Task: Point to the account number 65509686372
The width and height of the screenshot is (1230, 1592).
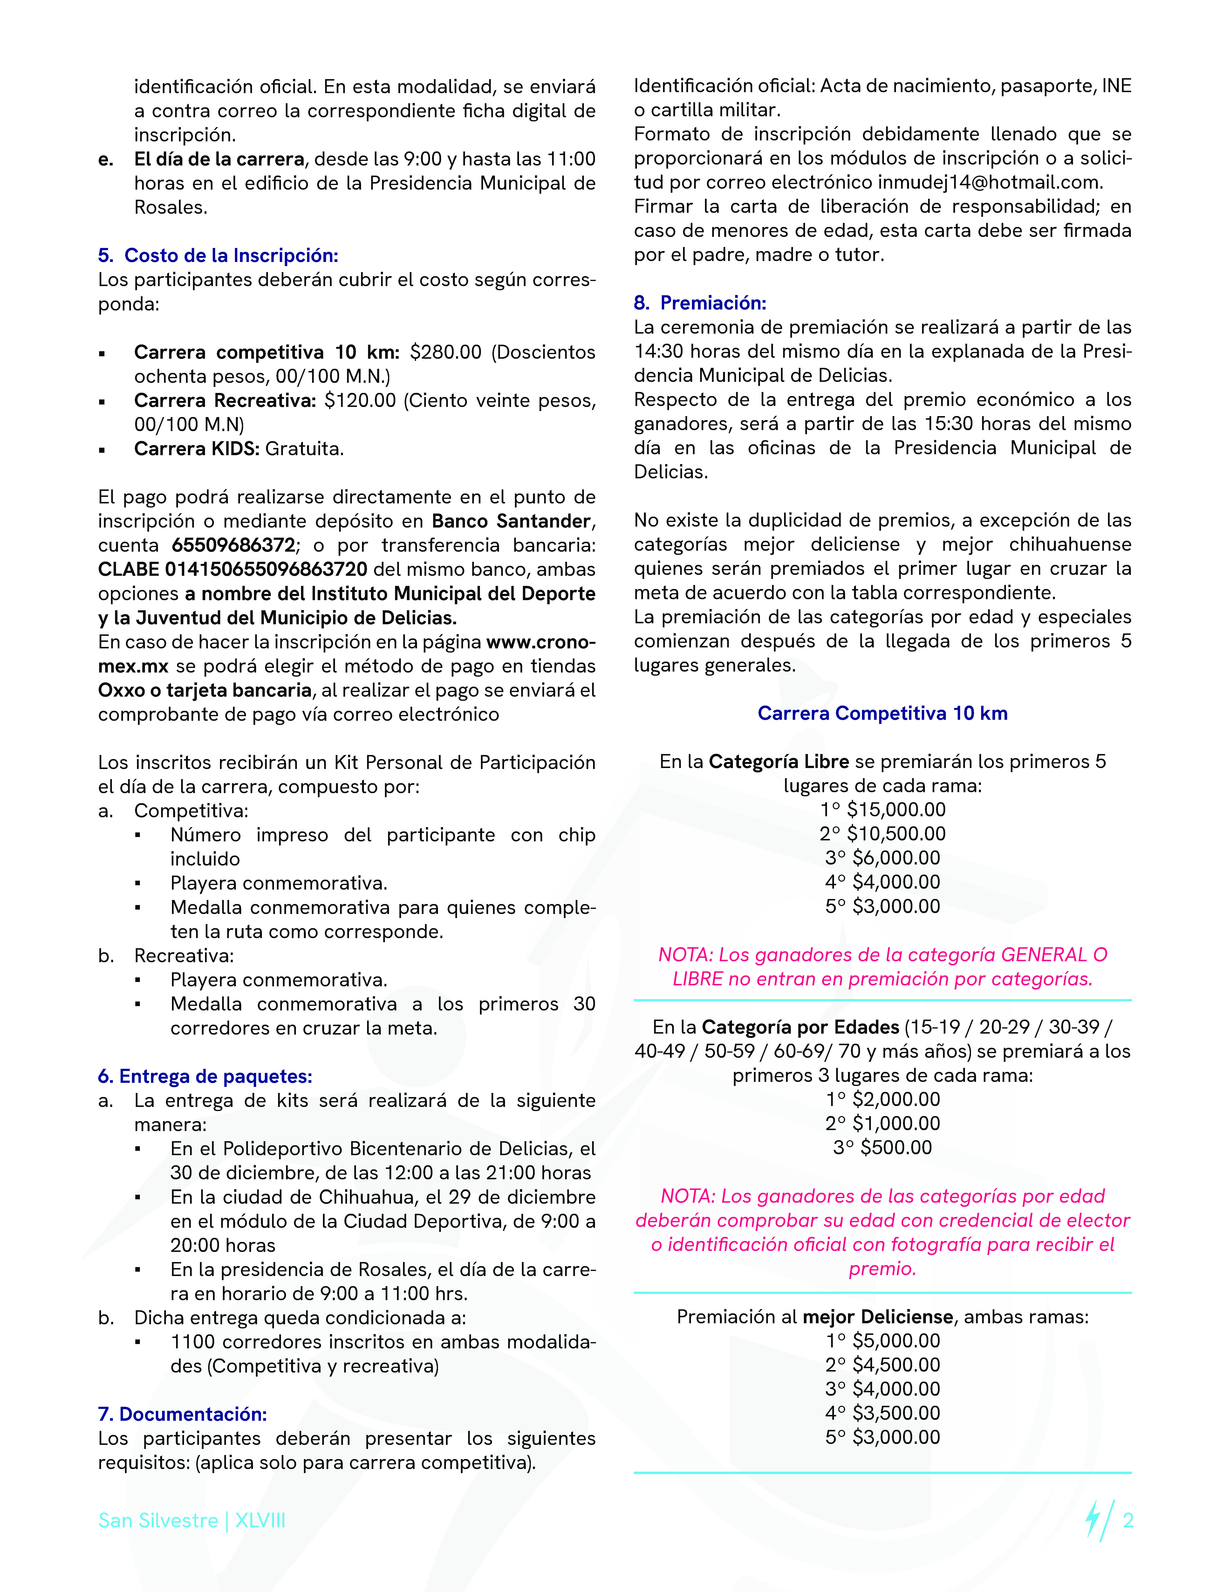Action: click(x=233, y=545)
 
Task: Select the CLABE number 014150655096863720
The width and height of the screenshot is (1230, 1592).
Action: click(x=266, y=569)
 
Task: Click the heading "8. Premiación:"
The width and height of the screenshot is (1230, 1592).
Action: click(x=699, y=303)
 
